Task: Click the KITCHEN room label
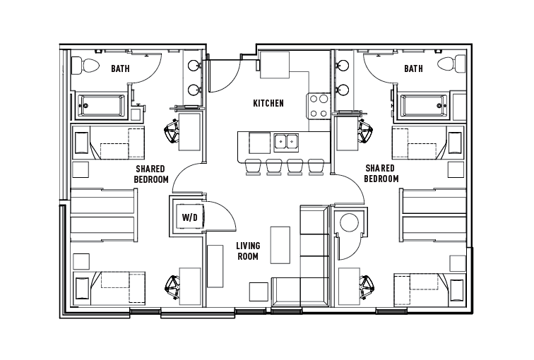pos(268,104)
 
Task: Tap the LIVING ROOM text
pos(248,251)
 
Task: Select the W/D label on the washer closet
pos(189,217)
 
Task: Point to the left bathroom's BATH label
pos(120,68)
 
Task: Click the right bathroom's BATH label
pos(413,68)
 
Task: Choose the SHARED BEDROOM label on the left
pos(151,174)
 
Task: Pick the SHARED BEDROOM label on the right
pos(381,174)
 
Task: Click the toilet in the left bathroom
pos(88,66)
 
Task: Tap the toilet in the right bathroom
pos(446,66)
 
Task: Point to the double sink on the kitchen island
pos(287,142)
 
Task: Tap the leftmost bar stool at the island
pos(252,167)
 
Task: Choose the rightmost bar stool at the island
pos(316,167)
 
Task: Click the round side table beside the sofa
pos(349,224)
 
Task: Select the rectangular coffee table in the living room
pos(280,244)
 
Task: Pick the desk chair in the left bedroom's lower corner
pos(172,287)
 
